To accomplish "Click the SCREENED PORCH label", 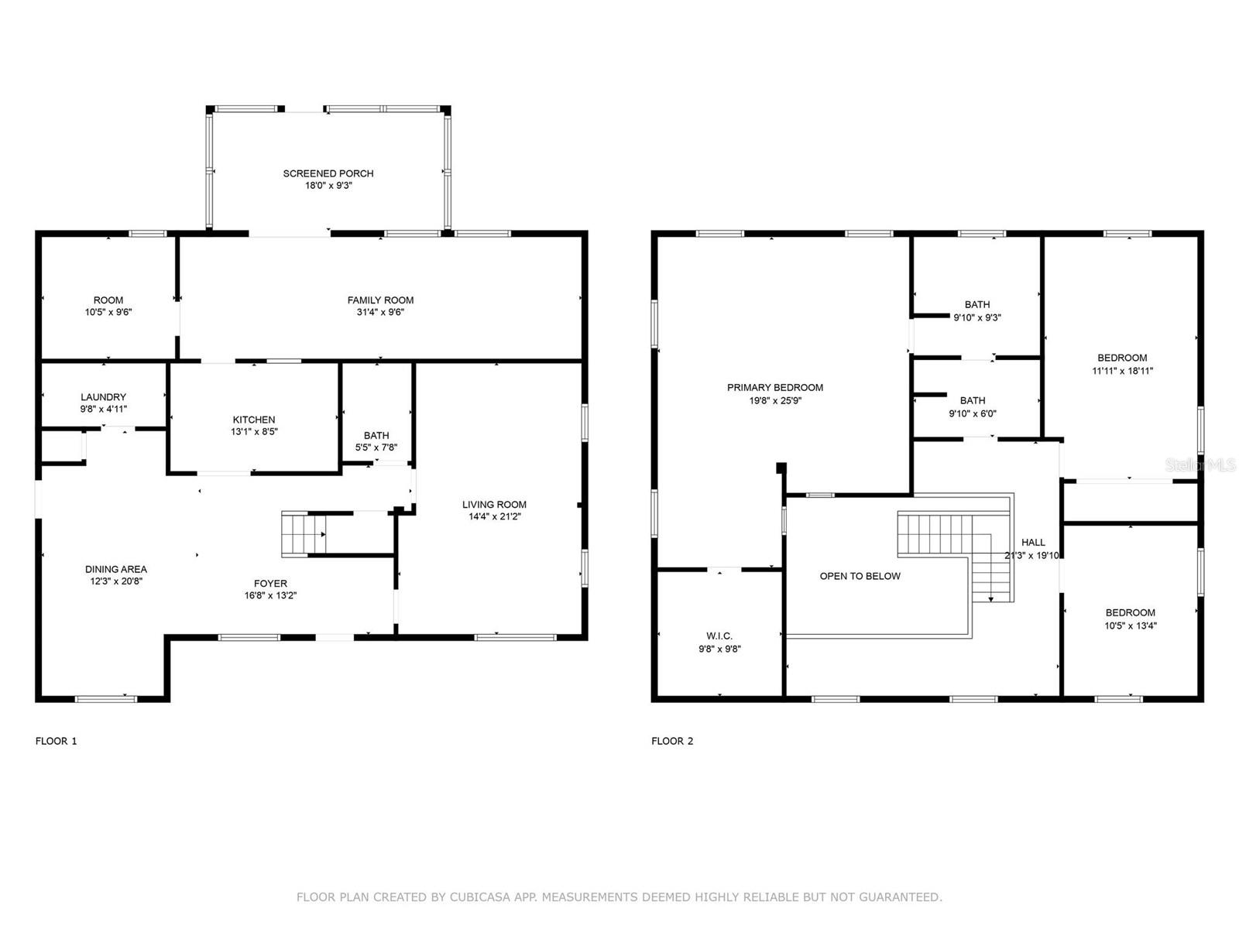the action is click(328, 173).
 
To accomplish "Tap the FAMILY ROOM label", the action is click(380, 300).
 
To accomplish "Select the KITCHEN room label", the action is click(254, 420).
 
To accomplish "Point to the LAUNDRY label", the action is click(103, 397).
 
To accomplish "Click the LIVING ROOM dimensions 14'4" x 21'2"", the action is click(495, 516).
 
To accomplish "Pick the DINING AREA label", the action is click(116, 569).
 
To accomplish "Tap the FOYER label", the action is click(270, 583).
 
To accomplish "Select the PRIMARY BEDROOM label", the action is click(775, 388).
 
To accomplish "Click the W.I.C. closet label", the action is click(719, 636).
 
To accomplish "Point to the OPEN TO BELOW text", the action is click(860, 576).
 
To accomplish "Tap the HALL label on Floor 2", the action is click(1033, 542).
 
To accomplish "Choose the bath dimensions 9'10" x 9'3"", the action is click(977, 317).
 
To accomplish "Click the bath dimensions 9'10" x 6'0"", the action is click(973, 413).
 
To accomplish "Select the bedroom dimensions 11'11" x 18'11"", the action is click(1122, 371).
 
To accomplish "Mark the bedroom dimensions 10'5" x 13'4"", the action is click(1131, 626).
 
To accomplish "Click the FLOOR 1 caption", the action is click(56, 741).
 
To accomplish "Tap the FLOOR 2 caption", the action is click(672, 741).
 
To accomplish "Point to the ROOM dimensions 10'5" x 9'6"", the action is click(108, 312).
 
